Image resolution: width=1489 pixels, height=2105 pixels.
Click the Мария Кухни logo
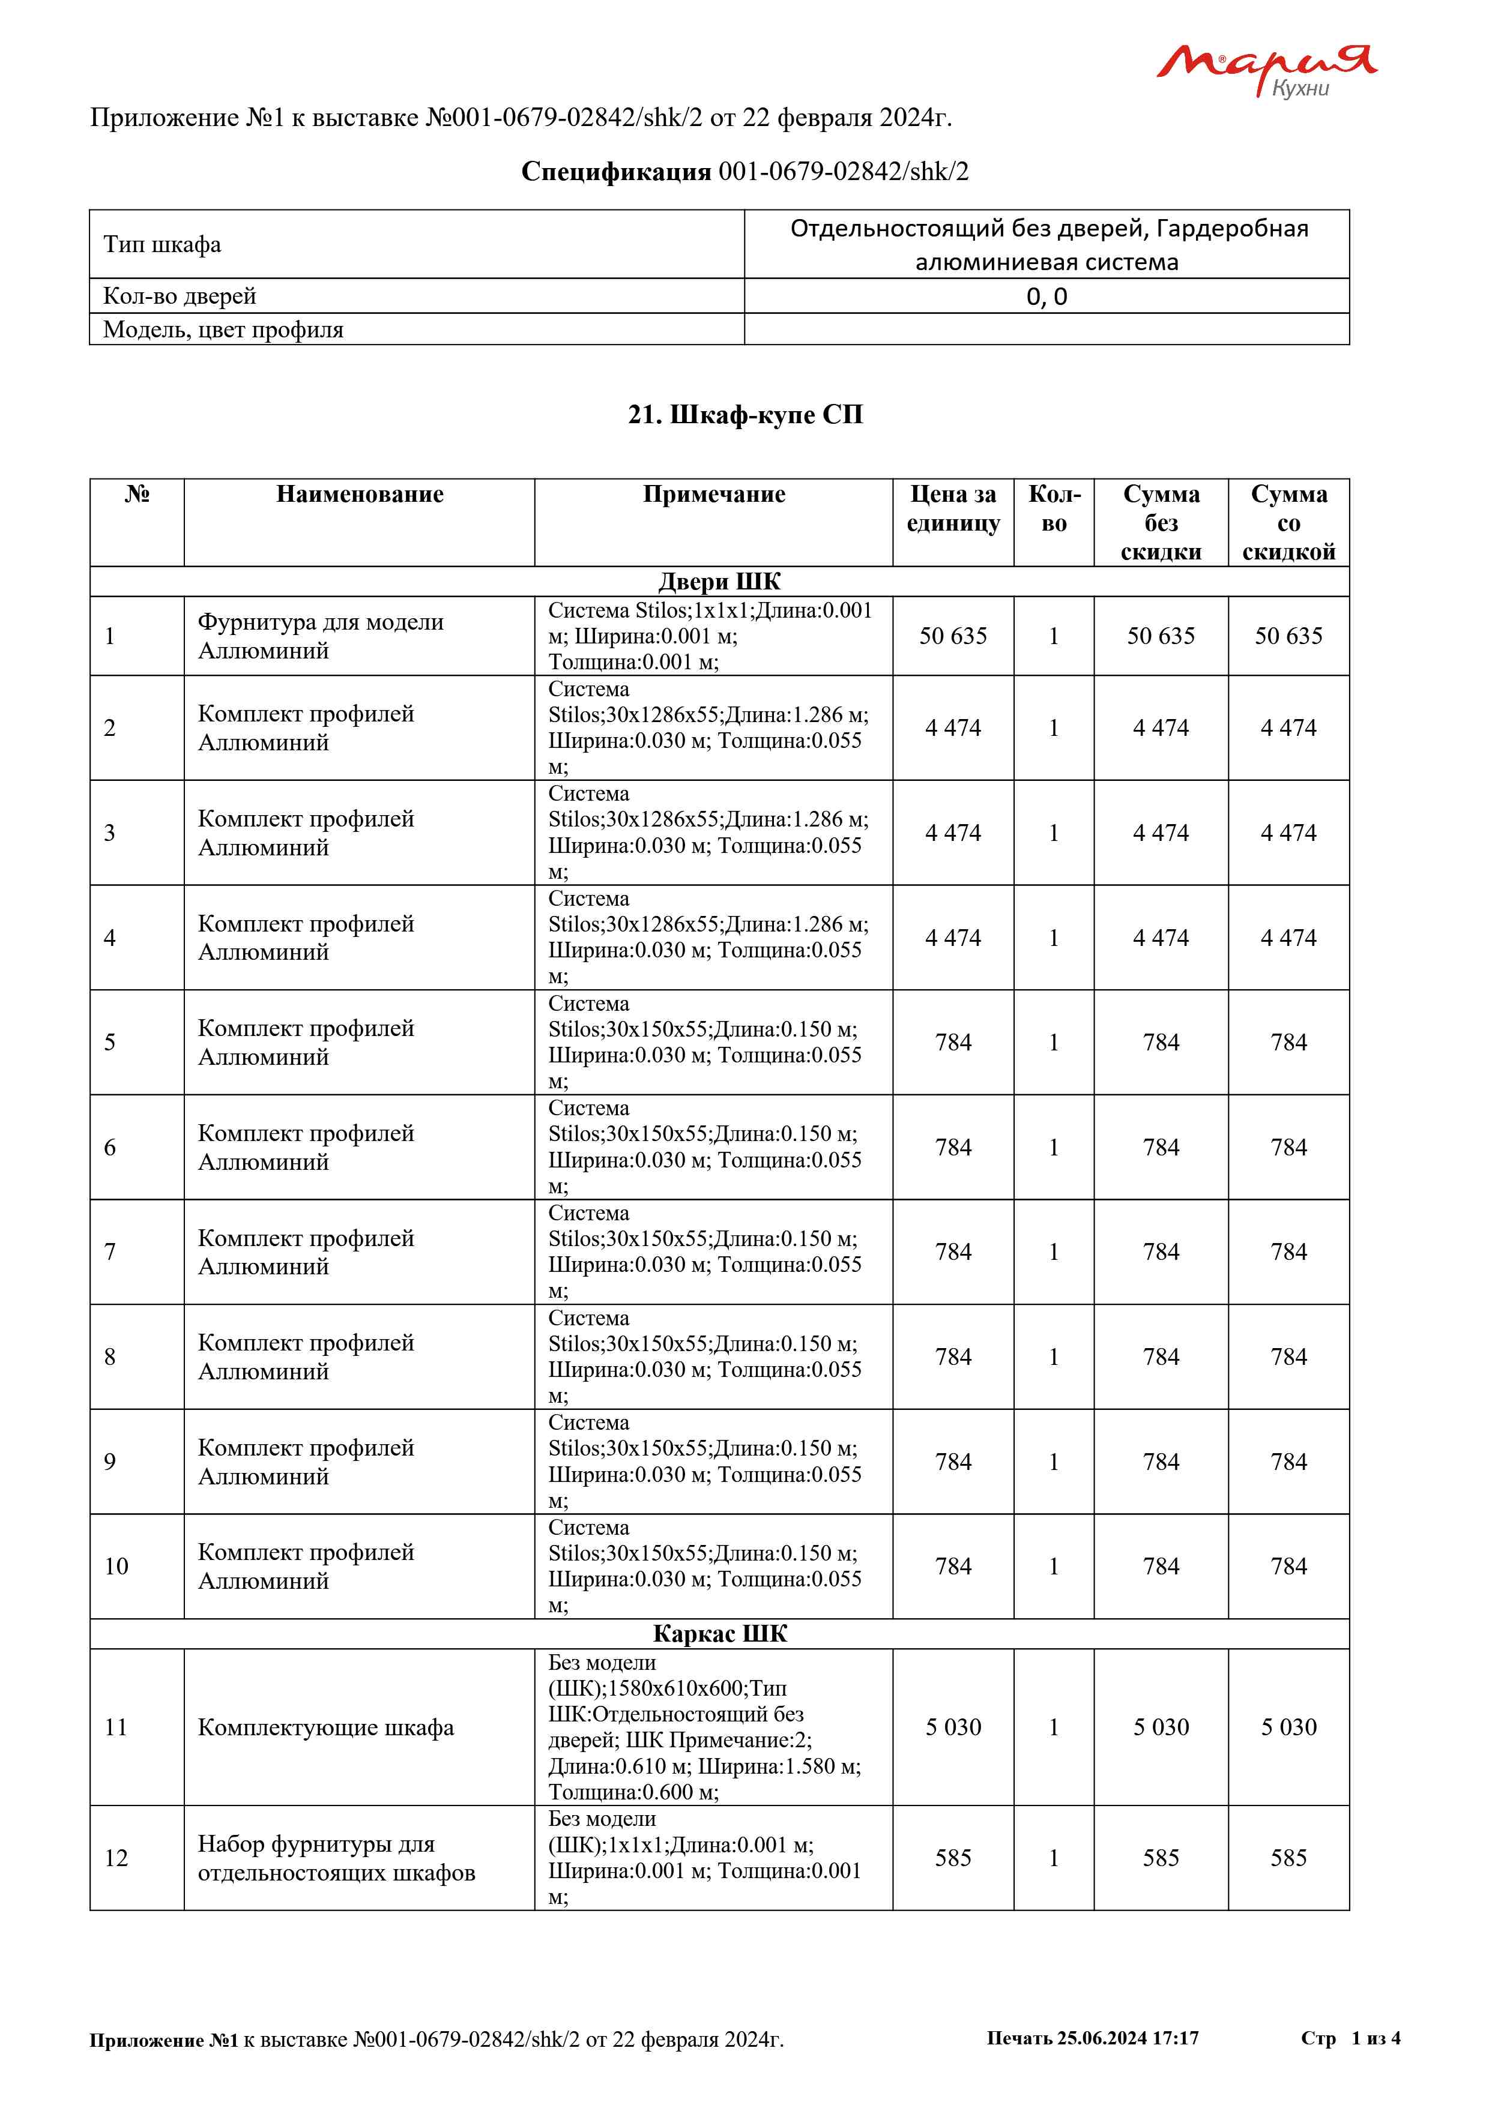[1265, 70]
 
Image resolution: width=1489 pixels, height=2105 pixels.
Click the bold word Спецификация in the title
[615, 172]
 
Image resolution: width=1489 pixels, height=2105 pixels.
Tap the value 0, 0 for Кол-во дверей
[1046, 296]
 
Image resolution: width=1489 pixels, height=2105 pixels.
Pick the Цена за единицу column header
[953, 509]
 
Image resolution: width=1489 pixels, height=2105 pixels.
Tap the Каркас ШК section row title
[720, 1634]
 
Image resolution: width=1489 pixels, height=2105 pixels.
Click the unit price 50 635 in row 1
[953, 636]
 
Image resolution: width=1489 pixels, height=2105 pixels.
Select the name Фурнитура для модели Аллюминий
[320, 636]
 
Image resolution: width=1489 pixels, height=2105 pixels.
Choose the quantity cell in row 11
[1054, 1727]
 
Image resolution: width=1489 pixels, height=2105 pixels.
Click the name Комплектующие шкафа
[325, 1727]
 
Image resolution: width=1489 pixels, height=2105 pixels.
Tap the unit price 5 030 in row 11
[953, 1727]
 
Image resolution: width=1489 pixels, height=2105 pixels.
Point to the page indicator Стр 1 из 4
[1350, 2038]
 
